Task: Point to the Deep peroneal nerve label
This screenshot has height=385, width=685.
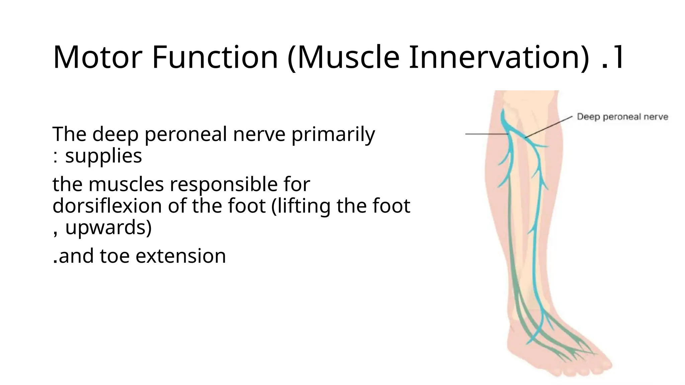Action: click(622, 117)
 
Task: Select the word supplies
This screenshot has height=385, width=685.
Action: click(103, 155)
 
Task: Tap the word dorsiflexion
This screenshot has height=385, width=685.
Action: click(107, 206)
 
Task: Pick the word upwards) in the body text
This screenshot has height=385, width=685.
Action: click(108, 227)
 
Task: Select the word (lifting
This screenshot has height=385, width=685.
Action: click(301, 206)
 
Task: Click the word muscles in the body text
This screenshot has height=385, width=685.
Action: click(126, 184)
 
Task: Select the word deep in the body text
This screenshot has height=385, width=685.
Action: click(115, 134)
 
